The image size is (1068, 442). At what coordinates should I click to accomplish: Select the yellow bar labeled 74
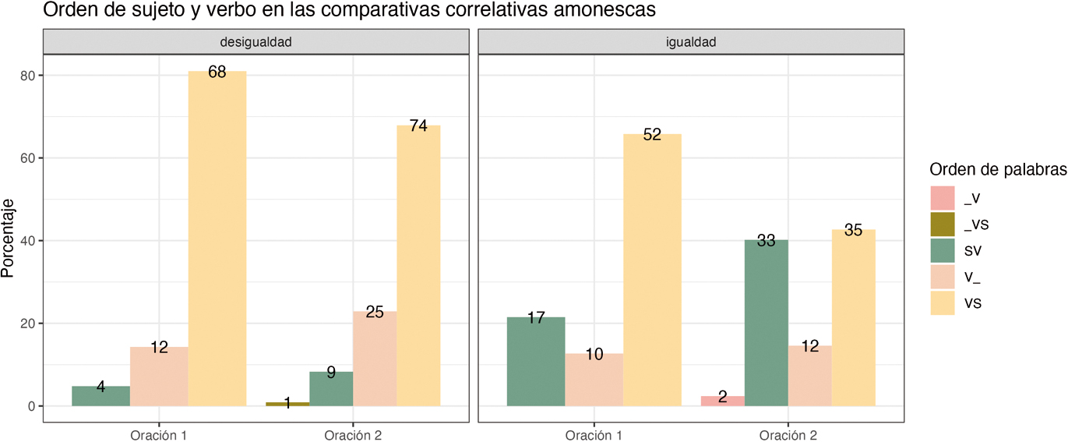click(418, 265)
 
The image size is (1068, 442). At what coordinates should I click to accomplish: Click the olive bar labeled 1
click(287, 404)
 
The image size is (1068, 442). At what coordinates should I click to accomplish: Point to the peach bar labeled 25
click(375, 359)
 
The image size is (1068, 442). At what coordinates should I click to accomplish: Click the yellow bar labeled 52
click(652, 270)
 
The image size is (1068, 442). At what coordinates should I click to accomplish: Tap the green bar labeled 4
click(101, 396)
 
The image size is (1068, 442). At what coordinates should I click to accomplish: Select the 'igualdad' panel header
click(690, 42)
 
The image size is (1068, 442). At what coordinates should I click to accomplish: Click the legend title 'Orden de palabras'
click(998, 170)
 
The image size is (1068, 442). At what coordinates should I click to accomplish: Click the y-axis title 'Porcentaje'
click(9, 238)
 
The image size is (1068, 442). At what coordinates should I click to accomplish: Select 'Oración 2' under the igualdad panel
click(788, 434)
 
